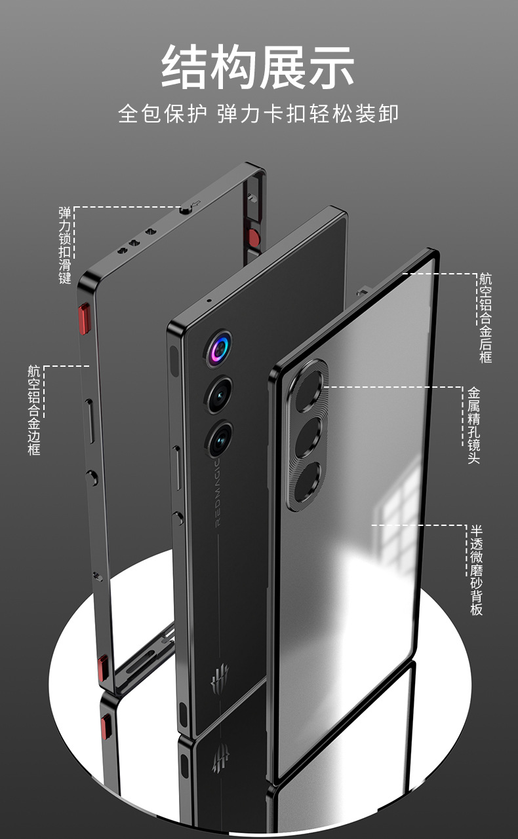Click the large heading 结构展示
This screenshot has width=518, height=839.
coord(258,66)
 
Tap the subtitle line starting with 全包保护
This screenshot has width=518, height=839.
coord(258,113)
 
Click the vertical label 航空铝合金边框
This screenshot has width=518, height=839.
coord(34,410)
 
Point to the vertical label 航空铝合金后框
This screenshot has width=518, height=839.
coord(485,318)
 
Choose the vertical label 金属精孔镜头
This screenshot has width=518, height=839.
coord(473,425)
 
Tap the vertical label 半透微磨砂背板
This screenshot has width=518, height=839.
coord(477,569)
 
